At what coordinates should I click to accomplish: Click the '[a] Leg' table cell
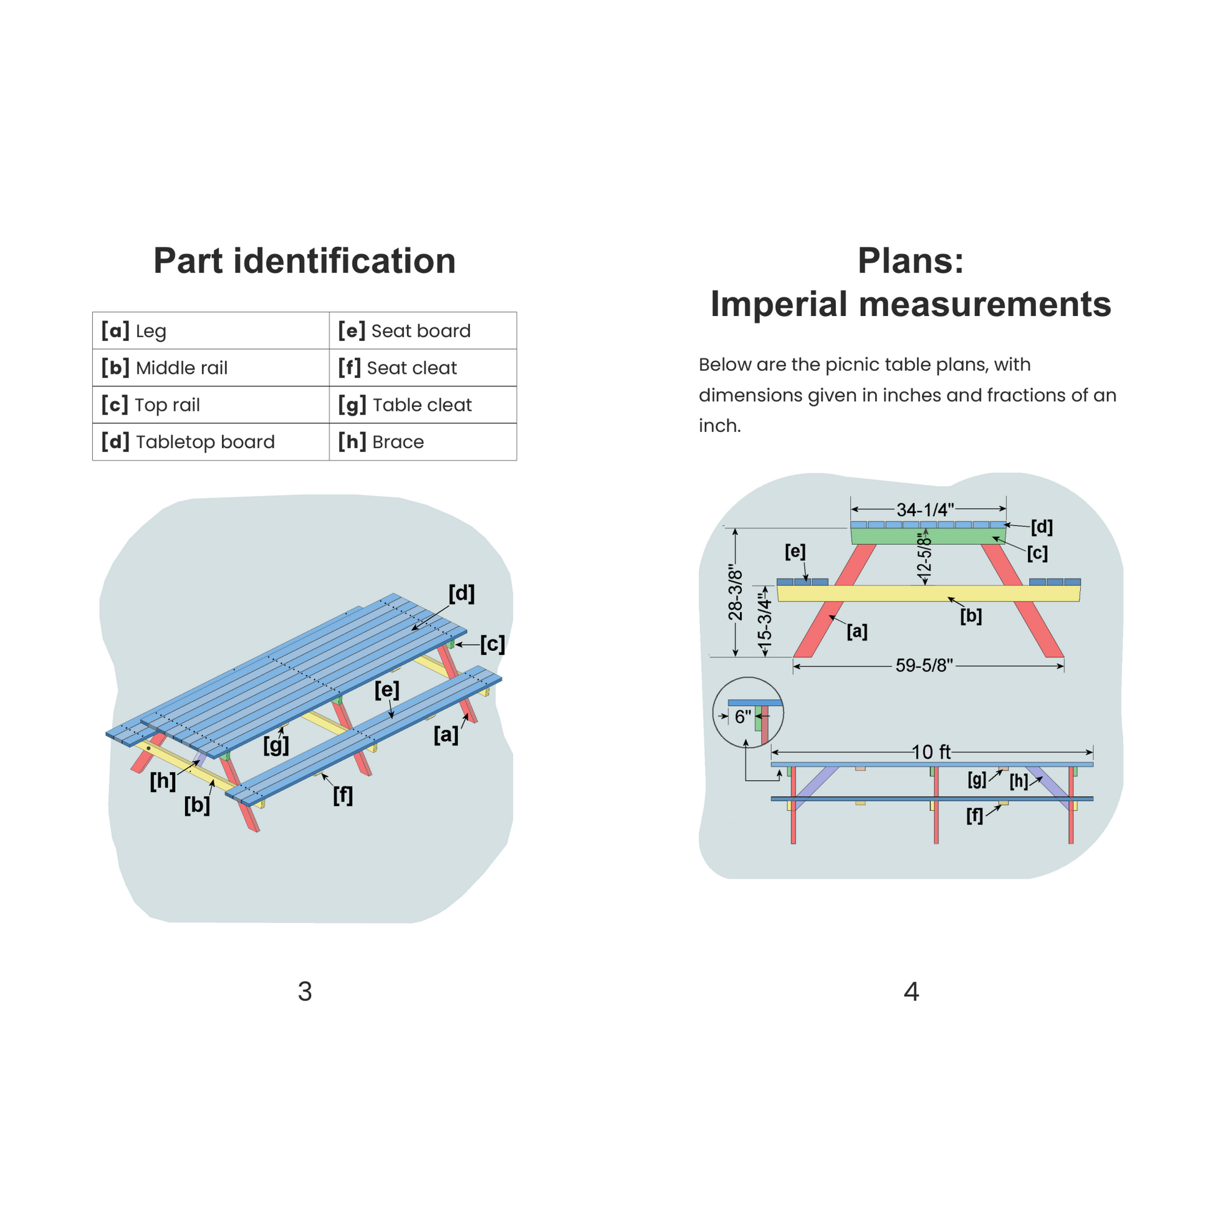tap(210, 331)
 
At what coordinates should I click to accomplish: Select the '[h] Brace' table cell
tap(422, 442)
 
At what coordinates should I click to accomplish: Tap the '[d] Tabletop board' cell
tap(210, 442)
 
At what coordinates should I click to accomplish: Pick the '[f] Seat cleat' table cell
tap(422, 368)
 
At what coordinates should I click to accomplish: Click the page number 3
tap(305, 991)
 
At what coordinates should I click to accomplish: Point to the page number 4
tap(911, 991)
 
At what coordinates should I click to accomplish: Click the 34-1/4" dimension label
tap(925, 509)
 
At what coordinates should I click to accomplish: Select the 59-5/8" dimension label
tap(924, 666)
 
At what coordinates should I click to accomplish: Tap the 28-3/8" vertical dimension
tap(735, 592)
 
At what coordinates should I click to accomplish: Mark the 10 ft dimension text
tap(931, 752)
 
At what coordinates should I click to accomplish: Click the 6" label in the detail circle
tap(743, 717)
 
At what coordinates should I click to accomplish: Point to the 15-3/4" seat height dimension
tap(764, 621)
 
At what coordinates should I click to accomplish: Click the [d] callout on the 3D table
tap(461, 593)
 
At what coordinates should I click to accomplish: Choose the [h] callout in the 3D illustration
tap(163, 781)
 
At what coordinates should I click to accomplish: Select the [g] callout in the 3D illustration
tap(276, 746)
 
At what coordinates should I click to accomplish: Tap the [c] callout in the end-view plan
tap(1037, 553)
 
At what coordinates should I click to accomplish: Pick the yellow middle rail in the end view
tap(891, 593)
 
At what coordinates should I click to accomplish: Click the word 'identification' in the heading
tap(344, 261)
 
